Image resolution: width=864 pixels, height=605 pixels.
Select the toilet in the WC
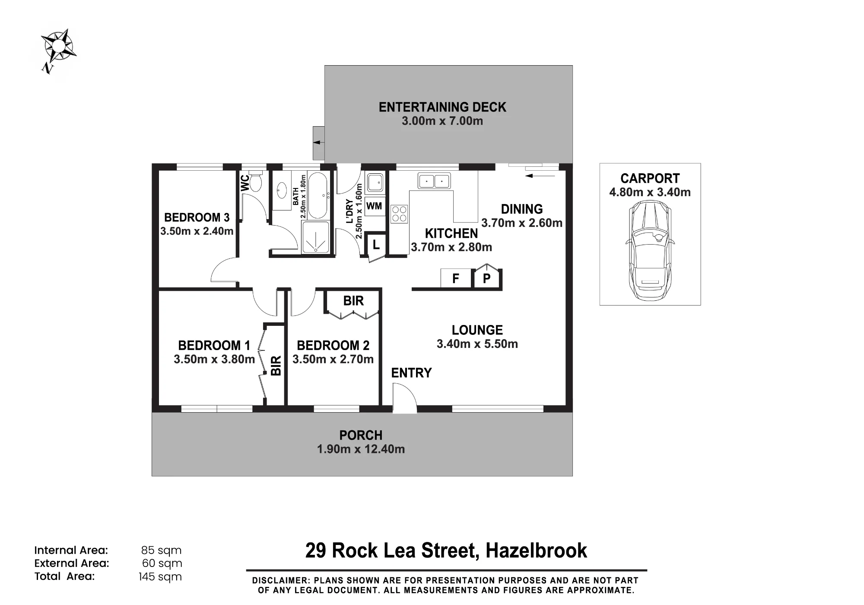click(x=255, y=181)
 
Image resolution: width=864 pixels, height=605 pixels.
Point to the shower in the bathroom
click(x=315, y=237)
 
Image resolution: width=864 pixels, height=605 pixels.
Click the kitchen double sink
click(x=434, y=181)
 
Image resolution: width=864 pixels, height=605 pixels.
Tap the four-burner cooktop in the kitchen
click(x=399, y=214)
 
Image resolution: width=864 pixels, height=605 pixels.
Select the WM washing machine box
click(x=374, y=206)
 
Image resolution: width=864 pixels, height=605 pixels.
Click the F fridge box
click(x=456, y=278)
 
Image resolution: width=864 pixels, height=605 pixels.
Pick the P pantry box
click(x=487, y=278)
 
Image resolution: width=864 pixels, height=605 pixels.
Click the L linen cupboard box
click(x=376, y=245)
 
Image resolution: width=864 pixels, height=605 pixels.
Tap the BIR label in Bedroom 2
click(x=353, y=301)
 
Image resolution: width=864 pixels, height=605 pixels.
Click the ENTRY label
click(x=411, y=373)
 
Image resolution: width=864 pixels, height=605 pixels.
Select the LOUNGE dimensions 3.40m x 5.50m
click(x=477, y=344)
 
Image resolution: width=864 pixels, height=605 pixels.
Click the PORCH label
click(x=361, y=435)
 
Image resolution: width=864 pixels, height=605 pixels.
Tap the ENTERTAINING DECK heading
click(x=442, y=107)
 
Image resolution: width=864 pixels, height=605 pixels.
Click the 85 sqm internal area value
click(x=161, y=551)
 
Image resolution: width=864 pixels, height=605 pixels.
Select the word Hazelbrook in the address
click(x=536, y=551)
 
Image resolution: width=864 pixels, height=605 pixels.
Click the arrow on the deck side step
click(x=319, y=142)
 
